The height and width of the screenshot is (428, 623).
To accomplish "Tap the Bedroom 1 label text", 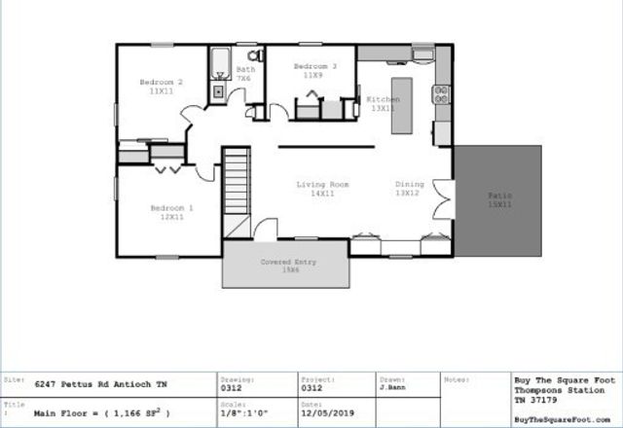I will point(171,212).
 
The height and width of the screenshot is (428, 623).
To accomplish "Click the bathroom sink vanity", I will point(218,92).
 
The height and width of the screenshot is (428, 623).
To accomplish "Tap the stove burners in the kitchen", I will point(441,94).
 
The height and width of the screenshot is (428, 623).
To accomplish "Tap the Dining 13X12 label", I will point(408,189).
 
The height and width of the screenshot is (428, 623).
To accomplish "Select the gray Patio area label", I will point(500,200).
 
